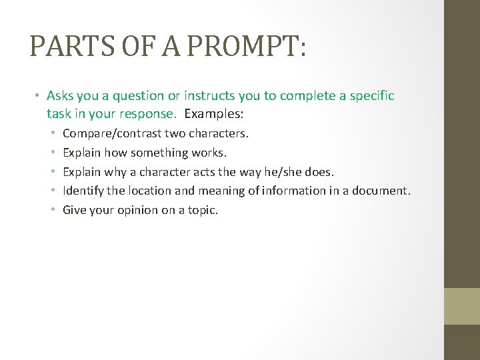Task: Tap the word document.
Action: pyautogui.click(x=383, y=191)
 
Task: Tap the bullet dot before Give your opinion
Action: pyautogui.click(x=54, y=211)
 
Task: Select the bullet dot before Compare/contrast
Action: pyautogui.click(x=54, y=133)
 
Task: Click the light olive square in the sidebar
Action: pyautogui.click(x=462, y=306)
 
